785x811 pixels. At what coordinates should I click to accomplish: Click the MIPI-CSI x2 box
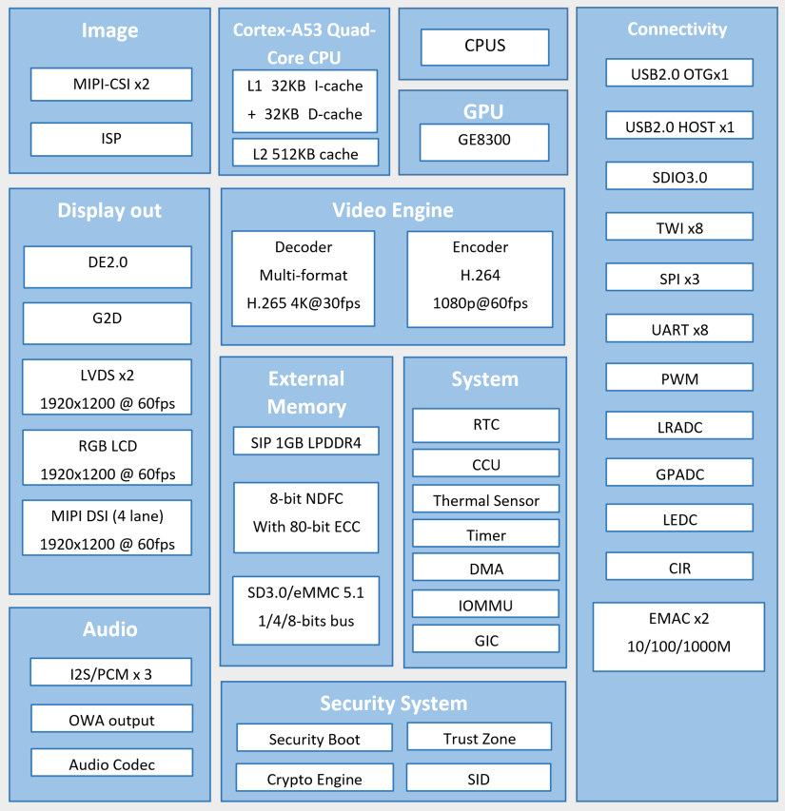coord(111,84)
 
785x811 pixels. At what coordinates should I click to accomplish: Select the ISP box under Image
coord(111,139)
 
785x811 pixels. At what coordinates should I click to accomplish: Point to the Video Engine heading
coord(393,210)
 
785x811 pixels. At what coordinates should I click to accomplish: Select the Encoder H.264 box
coord(481,280)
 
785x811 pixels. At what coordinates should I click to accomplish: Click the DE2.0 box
coord(108,267)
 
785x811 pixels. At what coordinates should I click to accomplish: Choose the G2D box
coord(108,323)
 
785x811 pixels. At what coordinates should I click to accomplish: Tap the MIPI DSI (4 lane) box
coord(108,528)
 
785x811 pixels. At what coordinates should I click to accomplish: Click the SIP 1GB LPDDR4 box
coord(305,441)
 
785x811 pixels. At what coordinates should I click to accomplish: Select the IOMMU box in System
coord(485,604)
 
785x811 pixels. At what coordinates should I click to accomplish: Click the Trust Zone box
coord(480,737)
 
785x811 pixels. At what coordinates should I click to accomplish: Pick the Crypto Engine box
coord(315,778)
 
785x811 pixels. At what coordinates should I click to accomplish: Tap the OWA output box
coord(111,719)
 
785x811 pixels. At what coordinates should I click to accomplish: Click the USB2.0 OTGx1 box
coord(679,72)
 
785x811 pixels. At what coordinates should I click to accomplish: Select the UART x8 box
coord(679,328)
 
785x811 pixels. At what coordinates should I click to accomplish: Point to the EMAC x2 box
coord(679,637)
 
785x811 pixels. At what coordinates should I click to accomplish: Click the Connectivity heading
coord(677,29)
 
